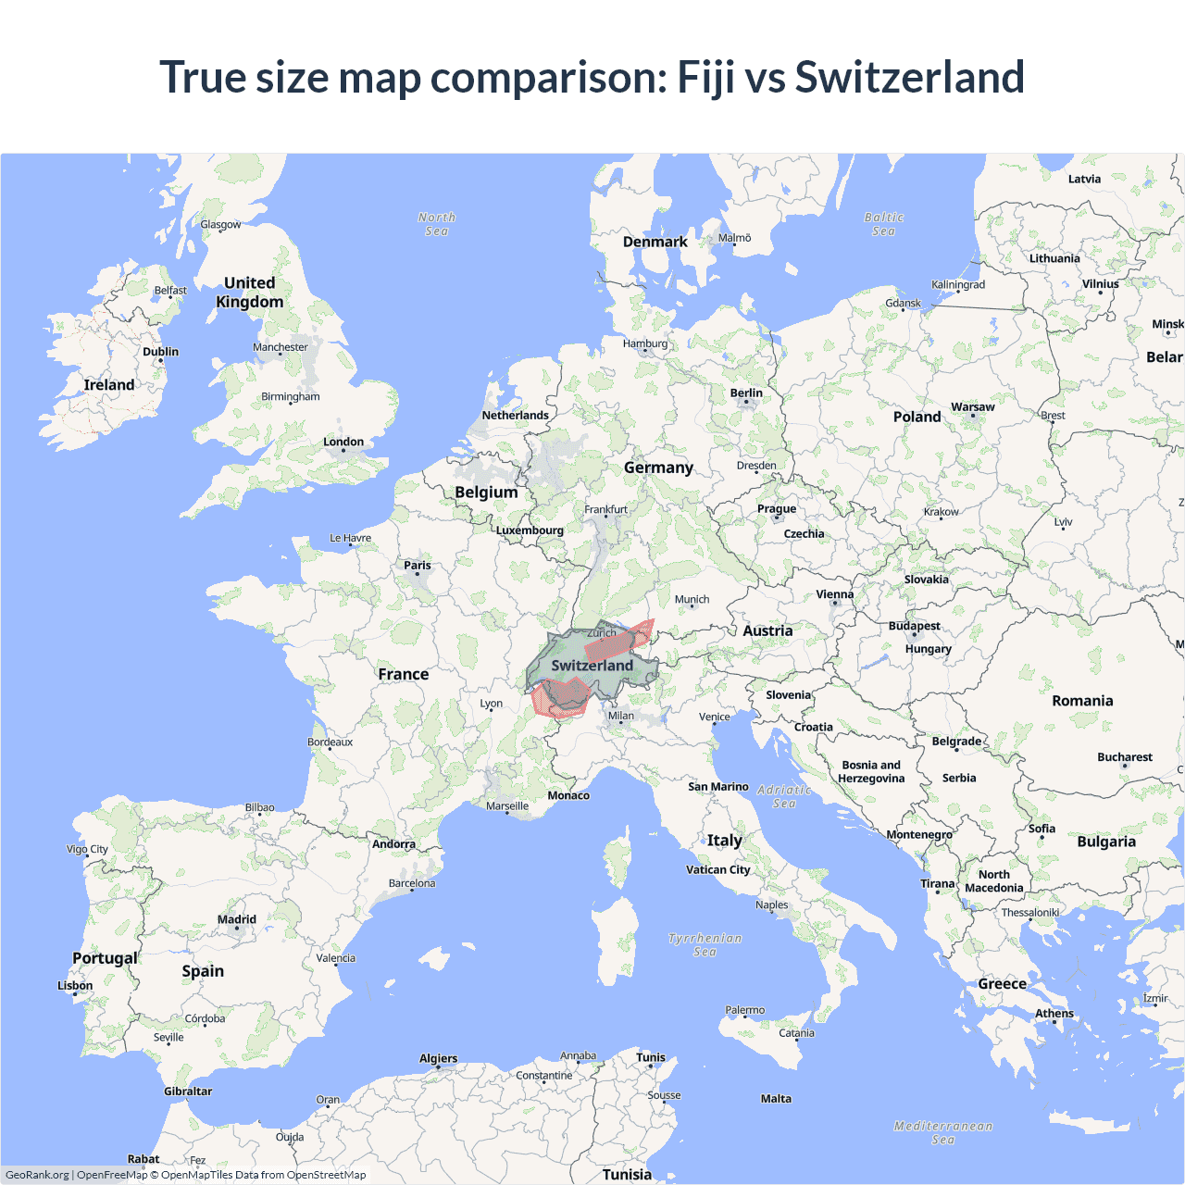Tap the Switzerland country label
point(592,666)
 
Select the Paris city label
point(418,566)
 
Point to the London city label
point(343,443)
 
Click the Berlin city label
point(746,393)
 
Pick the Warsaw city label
point(973,407)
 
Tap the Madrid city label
point(237,920)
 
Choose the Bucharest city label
point(1125,757)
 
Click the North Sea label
point(437,224)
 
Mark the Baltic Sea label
point(884,224)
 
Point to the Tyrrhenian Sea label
point(705,944)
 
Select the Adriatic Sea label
point(784,796)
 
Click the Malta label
point(776,1099)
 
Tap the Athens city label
point(1054,1014)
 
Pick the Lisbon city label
point(75,986)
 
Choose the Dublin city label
point(160,352)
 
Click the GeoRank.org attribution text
point(37,1175)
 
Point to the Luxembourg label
point(530,530)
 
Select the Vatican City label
point(718,870)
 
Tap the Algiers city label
point(438,1059)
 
